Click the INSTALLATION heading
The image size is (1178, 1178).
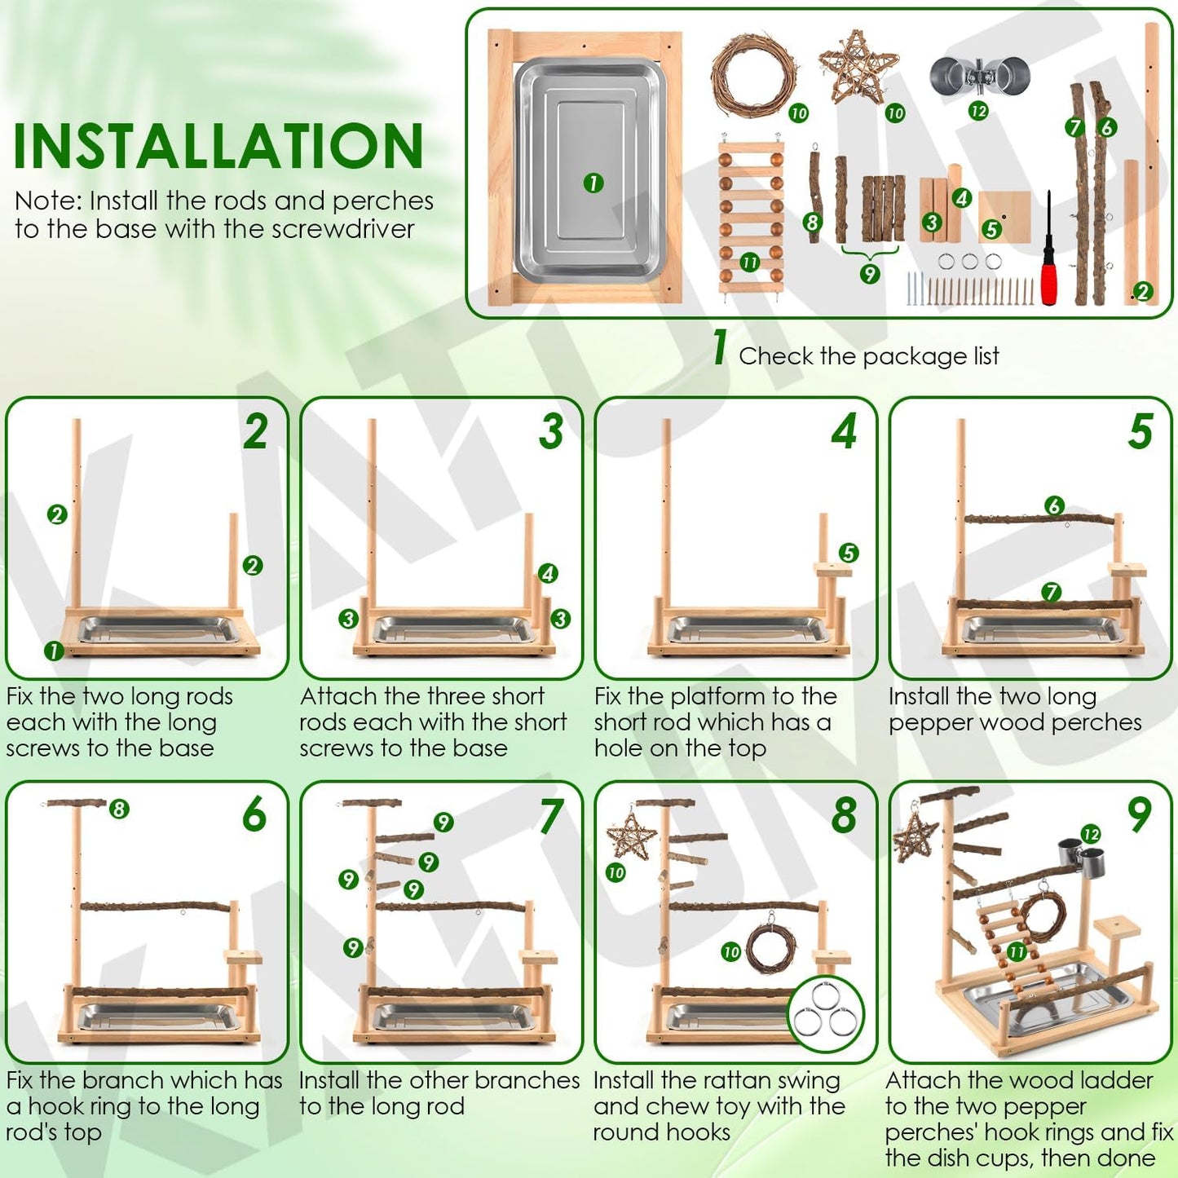coord(218,147)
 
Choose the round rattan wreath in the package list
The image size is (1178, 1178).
coord(752,74)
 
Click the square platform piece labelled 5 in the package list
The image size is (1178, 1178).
coord(1004,217)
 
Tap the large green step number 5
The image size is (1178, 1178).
coord(1140,431)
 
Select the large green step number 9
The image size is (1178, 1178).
coord(1139,814)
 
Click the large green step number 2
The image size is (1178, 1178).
coord(255,431)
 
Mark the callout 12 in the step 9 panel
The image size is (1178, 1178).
coord(1091,833)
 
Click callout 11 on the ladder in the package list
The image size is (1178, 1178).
coord(750,262)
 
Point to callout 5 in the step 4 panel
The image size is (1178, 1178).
coord(849,553)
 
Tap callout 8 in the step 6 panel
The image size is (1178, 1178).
coord(120,809)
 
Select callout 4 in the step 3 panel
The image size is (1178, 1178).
coord(548,573)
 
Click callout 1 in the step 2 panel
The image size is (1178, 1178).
coord(54,651)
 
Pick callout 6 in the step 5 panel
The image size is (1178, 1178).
coord(1054,505)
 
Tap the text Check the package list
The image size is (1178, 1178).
coord(868,356)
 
